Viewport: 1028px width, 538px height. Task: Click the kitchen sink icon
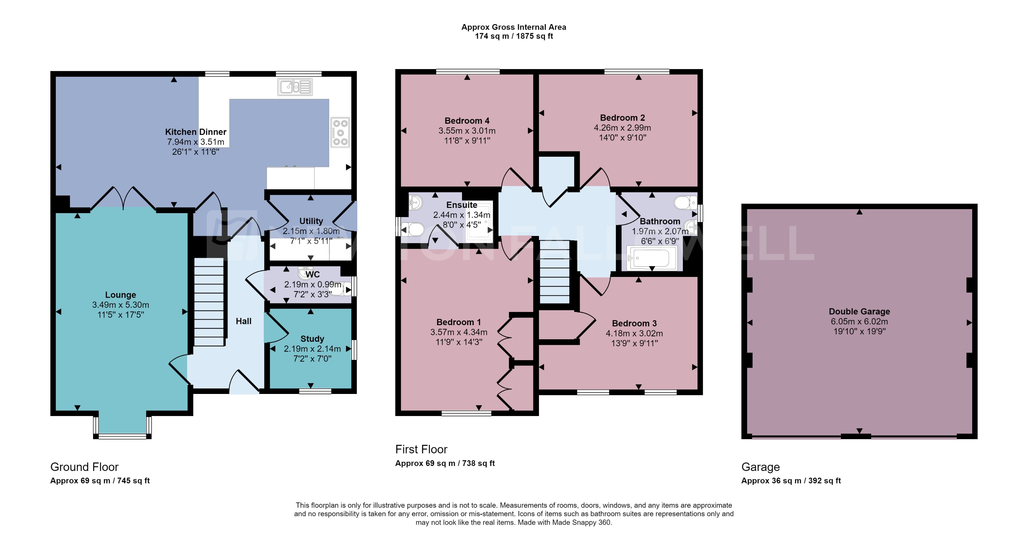[295, 87]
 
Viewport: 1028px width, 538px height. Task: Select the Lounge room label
[120, 295]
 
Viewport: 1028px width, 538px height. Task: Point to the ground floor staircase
[209, 302]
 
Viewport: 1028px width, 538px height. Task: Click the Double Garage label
[859, 312]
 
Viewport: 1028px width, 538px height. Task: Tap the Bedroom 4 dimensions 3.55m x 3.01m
[467, 131]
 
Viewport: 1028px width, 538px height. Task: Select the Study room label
[312, 339]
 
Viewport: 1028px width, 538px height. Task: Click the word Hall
[243, 321]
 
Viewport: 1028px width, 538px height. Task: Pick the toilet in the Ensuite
[414, 230]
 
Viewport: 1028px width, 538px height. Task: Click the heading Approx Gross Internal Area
[514, 27]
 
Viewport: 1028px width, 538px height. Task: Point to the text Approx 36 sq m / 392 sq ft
[791, 480]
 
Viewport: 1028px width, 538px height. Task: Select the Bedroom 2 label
[622, 118]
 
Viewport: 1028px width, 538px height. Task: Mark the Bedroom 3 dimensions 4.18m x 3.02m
[634, 333]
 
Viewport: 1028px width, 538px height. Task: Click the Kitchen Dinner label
[196, 132]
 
